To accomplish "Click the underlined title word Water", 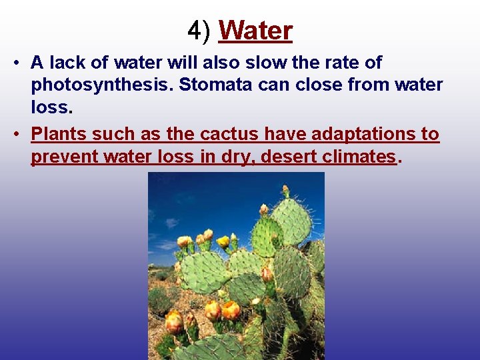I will coord(255,31).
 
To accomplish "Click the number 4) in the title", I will coord(200,31).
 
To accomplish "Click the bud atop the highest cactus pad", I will coord(285,192).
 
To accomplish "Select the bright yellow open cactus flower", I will coord(223,241).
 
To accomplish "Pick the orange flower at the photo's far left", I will coord(174,322).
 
